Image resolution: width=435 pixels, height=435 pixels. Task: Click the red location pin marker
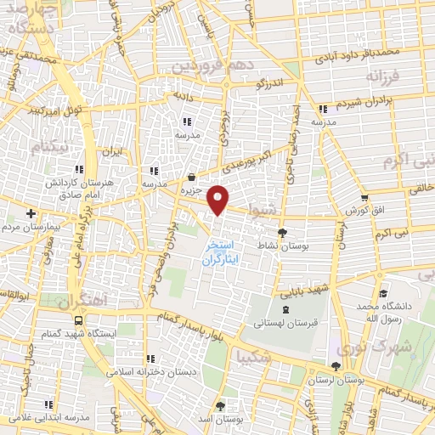click(x=219, y=199)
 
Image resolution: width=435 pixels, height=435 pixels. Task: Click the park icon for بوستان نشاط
click(x=283, y=231)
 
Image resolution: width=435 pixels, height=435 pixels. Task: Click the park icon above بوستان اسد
click(x=222, y=406)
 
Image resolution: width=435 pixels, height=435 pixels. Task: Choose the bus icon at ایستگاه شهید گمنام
click(x=78, y=320)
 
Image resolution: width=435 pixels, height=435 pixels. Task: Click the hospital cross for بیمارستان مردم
click(x=31, y=213)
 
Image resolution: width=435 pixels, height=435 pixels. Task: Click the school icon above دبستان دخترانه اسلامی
click(x=150, y=359)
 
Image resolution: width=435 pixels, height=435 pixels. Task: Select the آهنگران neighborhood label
click(x=76, y=302)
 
